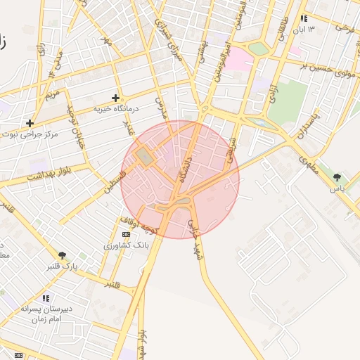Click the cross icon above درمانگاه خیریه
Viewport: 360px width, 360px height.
(x=116, y=98)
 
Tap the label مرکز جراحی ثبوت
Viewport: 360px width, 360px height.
(x=30, y=134)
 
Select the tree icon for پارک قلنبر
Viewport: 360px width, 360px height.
(x=63, y=255)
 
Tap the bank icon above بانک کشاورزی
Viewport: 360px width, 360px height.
(x=126, y=234)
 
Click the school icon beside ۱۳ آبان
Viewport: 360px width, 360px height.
(x=304, y=19)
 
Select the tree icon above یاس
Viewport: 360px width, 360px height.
(x=337, y=178)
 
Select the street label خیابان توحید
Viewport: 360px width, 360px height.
(x=73, y=122)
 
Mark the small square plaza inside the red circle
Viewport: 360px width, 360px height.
(x=145, y=156)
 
